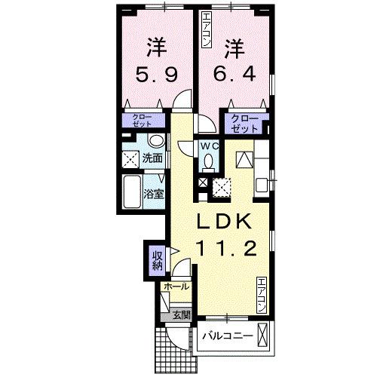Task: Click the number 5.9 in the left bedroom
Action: click(x=157, y=75)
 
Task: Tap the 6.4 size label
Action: click(x=234, y=73)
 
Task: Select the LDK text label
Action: click(x=225, y=221)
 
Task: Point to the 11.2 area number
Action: click(x=228, y=248)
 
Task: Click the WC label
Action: click(x=210, y=146)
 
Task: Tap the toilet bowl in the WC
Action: click(x=208, y=161)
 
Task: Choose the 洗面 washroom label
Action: click(x=152, y=158)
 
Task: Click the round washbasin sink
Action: click(x=156, y=141)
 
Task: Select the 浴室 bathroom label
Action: click(x=154, y=194)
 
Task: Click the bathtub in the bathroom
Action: click(x=132, y=192)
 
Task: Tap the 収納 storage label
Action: click(x=158, y=261)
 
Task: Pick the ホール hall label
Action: click(x=176, y=287)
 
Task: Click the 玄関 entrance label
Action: click(x=182, y=315)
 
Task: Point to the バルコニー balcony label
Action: click(x=228, y=336)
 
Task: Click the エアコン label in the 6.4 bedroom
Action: click(x=207, y=30)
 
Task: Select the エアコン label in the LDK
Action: click(x=262, y=295)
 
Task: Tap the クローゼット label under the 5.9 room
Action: click(x=142, y=121)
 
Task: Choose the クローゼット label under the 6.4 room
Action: click(x=244, y=124)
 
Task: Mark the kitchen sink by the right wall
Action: click(x=262, y=185)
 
